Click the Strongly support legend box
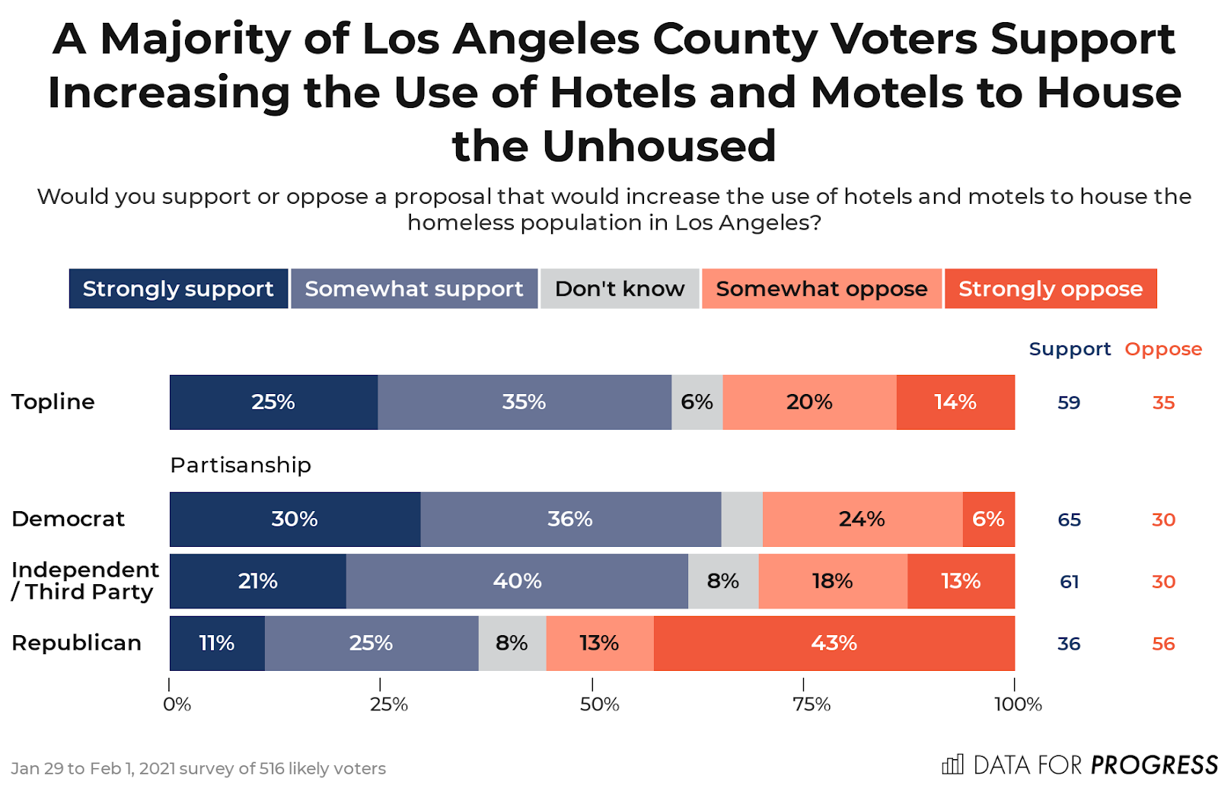click(178, 289)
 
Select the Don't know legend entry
click(619, 289)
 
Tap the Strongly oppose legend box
click(1050, 289)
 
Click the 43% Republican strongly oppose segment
click(834, 643)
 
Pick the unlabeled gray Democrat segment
click(741, 520)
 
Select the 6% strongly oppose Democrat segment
click(988, 520)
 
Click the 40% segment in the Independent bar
click(517, 582)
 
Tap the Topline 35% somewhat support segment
click(524, 402)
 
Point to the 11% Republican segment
click(217, 643)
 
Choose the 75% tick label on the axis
click(811, 704)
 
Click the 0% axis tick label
click(177, 704)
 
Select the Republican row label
click(76, 643)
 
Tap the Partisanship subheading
click(241, 465)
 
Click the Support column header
click(1070, 349)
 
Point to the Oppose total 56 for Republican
click(1163, 644)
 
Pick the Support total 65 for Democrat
click(1069, 520)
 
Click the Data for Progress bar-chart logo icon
click(952, 764)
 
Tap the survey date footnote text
click(198, 769)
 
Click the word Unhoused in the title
click(658, 146)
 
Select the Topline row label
click(53, 402)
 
